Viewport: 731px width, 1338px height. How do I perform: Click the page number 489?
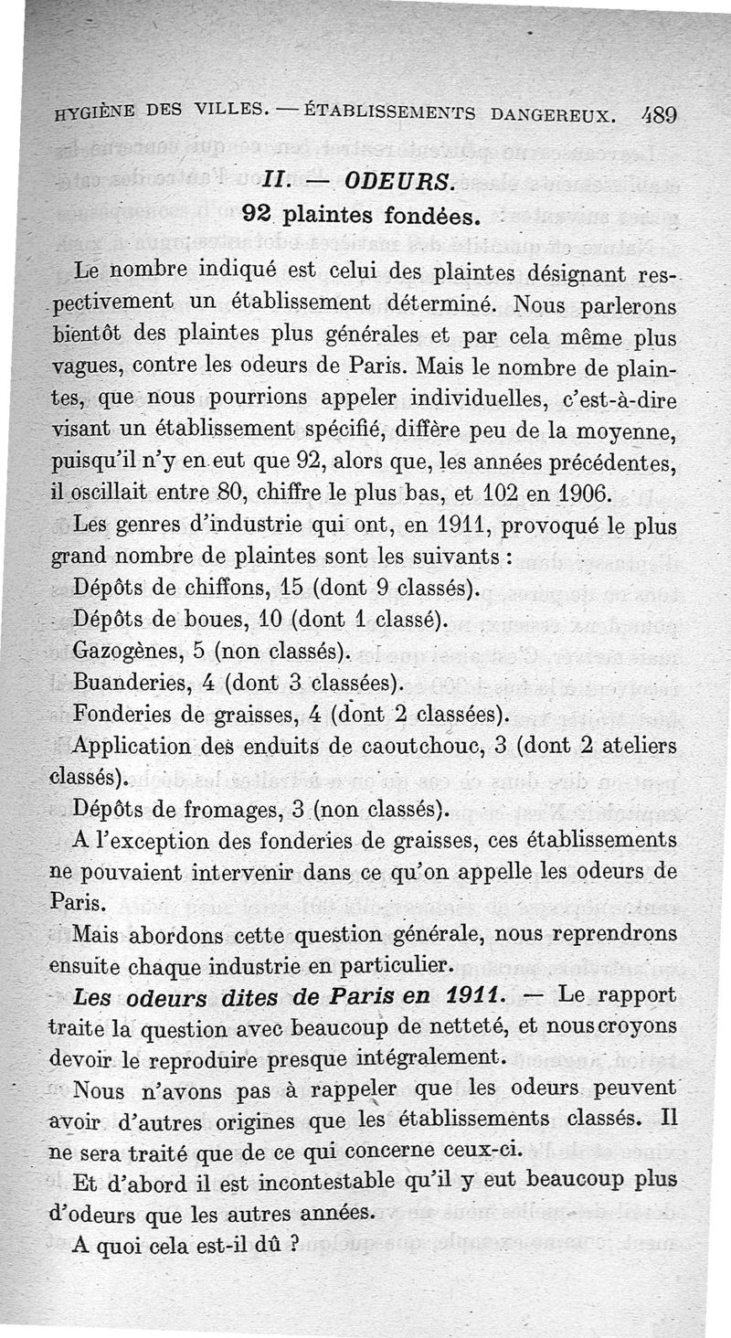tap(656, 113)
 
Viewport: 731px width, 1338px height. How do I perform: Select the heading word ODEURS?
tap(402, 179)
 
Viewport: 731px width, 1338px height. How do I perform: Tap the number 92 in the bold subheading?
tap(259, 216)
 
